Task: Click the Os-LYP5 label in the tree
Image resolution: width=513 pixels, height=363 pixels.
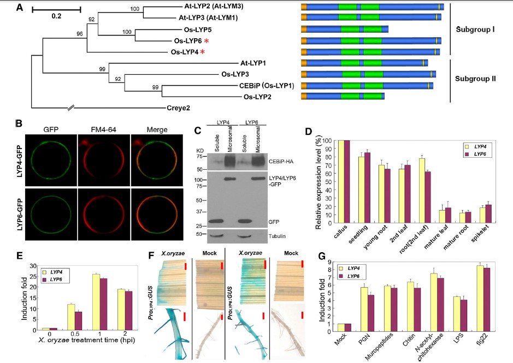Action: (x=198, y=30)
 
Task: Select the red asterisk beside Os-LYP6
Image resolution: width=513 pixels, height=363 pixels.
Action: (x=207, y=41)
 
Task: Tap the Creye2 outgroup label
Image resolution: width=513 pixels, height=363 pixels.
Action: (x=178, y=108)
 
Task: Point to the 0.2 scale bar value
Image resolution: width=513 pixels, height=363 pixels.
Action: (x=56, y=16)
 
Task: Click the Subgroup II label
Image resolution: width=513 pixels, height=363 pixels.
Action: (x=475, y=79)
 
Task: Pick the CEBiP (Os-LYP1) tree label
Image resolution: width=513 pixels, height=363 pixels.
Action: (x=267, y=86)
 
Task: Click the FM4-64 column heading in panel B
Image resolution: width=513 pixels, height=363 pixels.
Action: (x=103, y=130)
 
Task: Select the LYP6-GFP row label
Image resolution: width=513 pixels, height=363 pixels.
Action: (x=20, y=214)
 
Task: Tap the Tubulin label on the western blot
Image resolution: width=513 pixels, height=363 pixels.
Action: (x=277, y=236)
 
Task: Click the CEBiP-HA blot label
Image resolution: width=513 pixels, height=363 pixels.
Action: (x=281, y=162)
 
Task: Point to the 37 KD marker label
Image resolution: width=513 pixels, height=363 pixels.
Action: (x=199, y=212)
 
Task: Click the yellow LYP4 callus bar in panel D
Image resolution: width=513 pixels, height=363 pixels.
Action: (x=341, y=181)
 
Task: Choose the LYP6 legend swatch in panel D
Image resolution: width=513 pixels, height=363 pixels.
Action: (x=467, y=154)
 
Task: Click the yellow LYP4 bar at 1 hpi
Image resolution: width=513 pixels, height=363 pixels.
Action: (x=96, y=302)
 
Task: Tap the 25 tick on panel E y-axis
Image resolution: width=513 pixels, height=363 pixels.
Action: (x=33, y=276)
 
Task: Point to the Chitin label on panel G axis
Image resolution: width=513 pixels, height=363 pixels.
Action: (x=409, y=340)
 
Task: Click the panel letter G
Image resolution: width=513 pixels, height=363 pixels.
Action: (x=322, y=255)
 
